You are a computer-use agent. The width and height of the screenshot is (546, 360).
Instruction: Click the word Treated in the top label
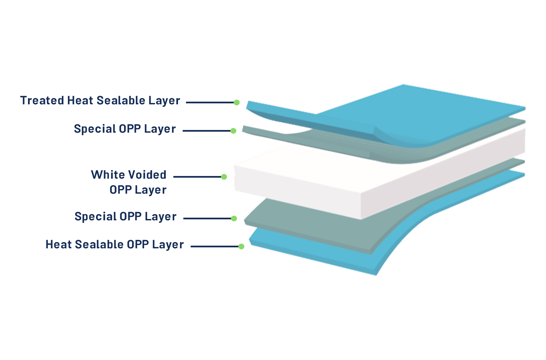tap(42, 101)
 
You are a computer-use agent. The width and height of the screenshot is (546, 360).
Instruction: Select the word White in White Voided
tap(108, 175)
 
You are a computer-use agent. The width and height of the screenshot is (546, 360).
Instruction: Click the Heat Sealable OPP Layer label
tap(114, 245)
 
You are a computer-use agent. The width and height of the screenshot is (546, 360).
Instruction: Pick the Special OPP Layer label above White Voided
tap(125, 129)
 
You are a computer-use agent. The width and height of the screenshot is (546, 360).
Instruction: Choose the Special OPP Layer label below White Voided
tap(125, 217)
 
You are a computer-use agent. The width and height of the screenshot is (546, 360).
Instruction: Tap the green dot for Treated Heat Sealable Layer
tap(236, 102)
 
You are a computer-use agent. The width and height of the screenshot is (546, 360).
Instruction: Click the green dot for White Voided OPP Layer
tap(224, 177)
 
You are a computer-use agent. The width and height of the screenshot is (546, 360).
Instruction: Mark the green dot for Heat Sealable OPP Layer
tap(241, 246)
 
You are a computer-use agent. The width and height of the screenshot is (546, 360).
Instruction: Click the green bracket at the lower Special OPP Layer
tap(236, 220)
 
